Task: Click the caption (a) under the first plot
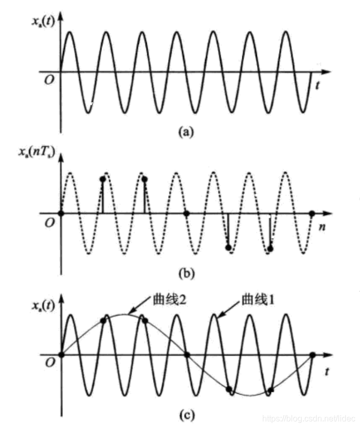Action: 186,132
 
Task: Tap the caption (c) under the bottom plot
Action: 186,415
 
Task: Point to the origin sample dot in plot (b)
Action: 61,213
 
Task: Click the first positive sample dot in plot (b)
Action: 102,180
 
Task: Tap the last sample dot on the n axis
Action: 312,213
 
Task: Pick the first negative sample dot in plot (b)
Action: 228,247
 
